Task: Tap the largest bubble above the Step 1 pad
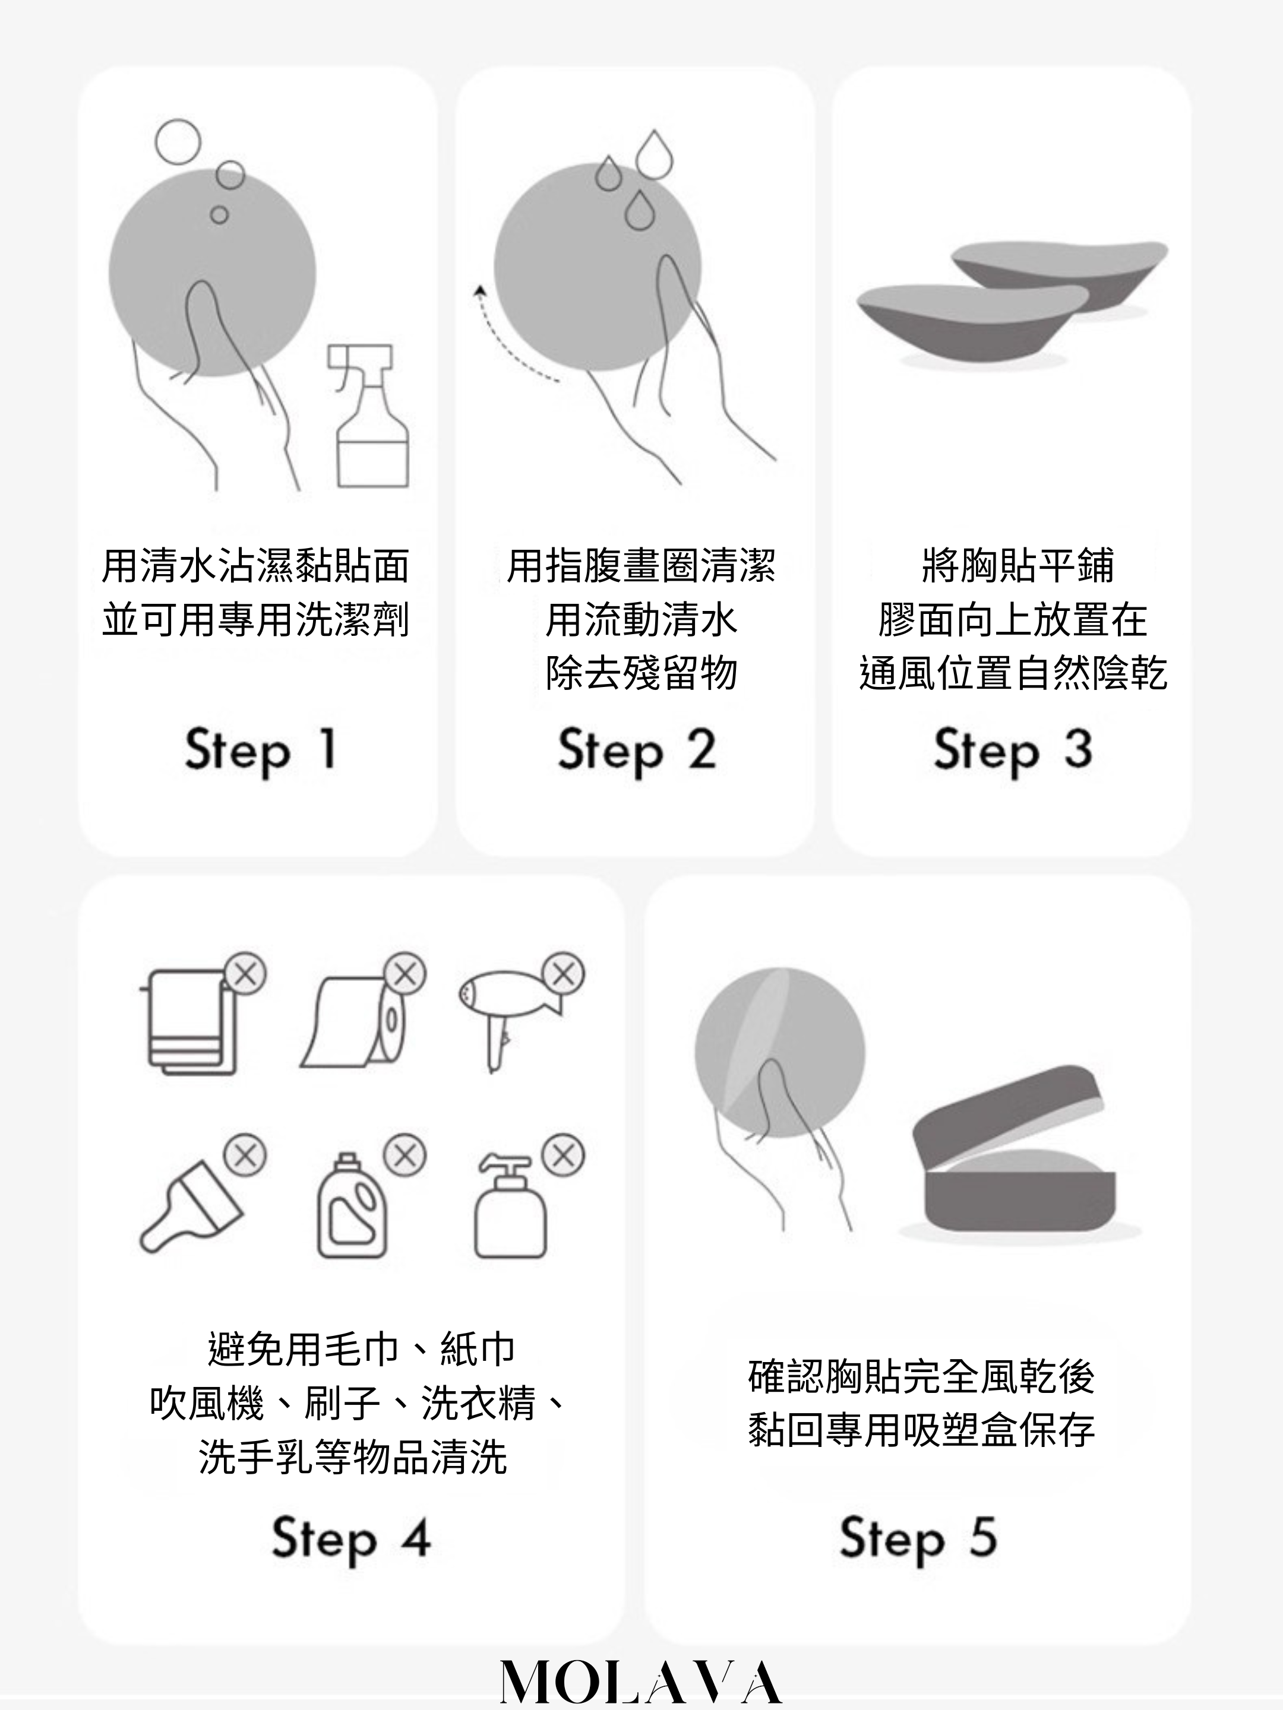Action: click(x=178, y=142)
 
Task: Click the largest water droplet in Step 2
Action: click(x=654, y=156)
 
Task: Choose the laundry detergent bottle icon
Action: click(x=352, y=1211)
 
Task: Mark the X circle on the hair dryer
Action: click(x=564, y=973)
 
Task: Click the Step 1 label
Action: click(x=260, y=750)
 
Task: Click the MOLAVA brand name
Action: click(x=640, y=1681)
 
